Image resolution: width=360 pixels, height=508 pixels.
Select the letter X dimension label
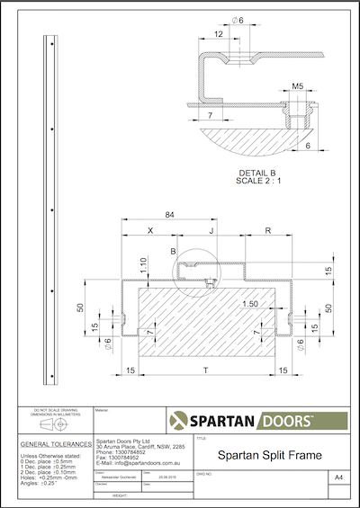coord(149,231)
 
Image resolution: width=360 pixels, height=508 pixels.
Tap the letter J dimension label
coord(211,231)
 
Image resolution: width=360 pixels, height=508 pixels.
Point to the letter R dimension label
coord(268,231)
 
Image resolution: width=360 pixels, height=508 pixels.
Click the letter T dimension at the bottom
coord(208,370)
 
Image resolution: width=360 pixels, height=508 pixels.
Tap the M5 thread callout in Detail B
coord(296,88)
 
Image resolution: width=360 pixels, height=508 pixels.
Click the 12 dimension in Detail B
coord(219,33)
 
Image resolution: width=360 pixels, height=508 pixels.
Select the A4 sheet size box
coord(337,476)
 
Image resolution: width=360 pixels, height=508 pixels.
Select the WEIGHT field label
coord(118,493)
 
